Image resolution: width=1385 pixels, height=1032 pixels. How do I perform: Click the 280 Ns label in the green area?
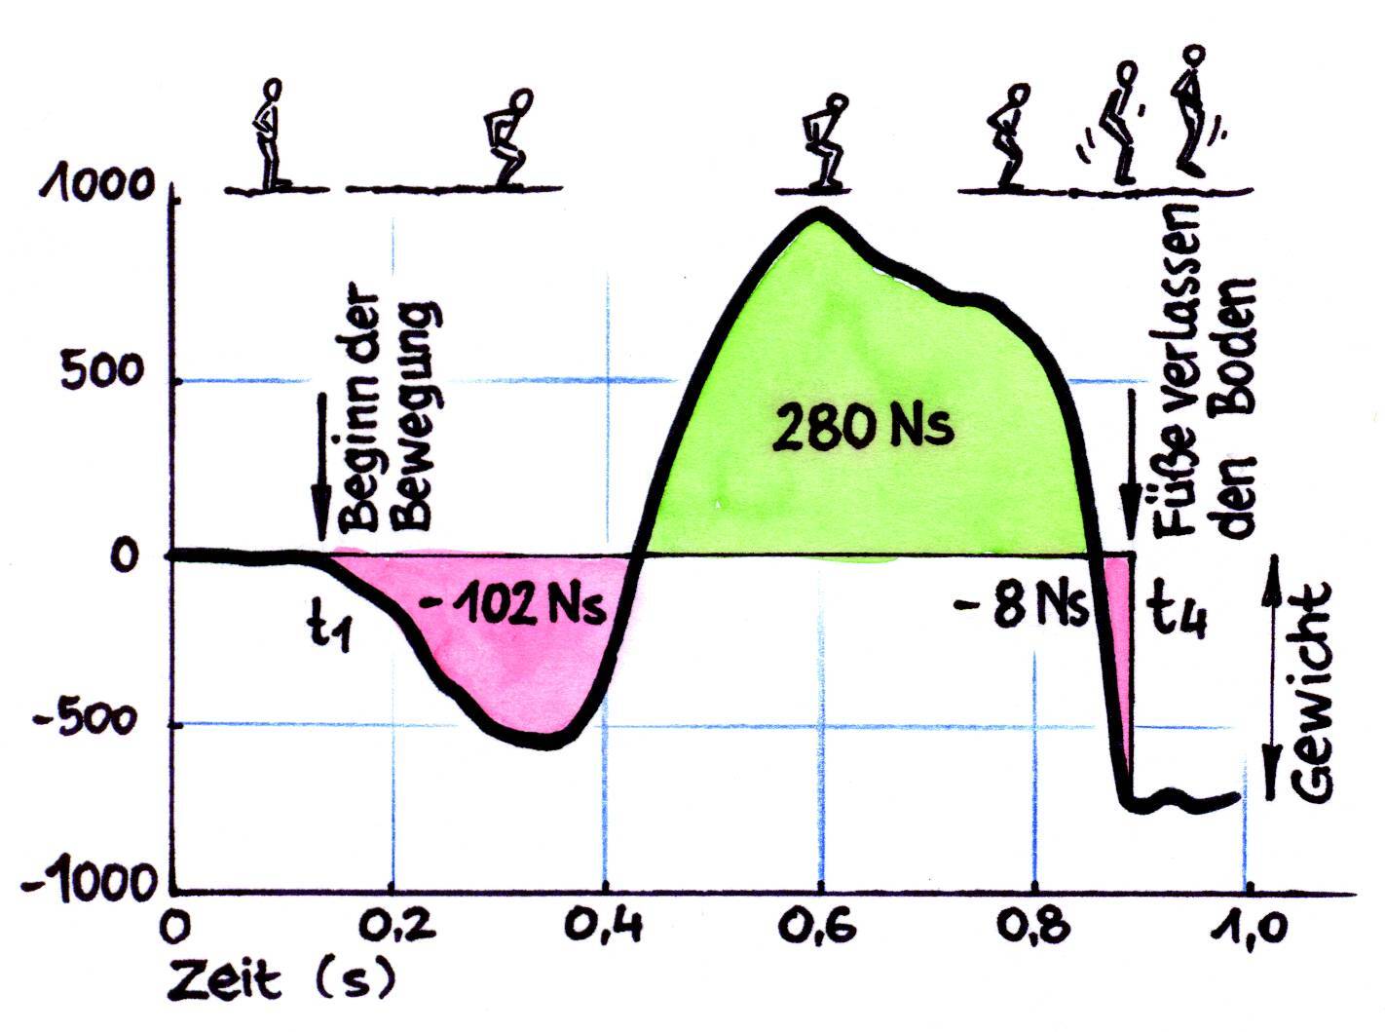862,426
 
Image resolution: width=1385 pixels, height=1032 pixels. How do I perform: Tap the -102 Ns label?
512,606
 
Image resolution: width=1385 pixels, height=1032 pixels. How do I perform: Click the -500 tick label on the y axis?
93,722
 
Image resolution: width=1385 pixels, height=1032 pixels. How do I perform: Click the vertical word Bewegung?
415,414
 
